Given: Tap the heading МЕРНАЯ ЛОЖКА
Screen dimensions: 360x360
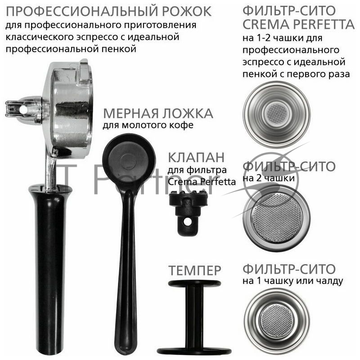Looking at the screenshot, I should tap(157, 113).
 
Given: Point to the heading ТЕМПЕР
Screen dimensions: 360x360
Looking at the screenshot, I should tap(194, 270).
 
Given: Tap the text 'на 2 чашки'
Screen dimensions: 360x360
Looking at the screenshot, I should tap(269, 179).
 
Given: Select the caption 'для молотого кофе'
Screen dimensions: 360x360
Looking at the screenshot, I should tap(148, 126).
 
